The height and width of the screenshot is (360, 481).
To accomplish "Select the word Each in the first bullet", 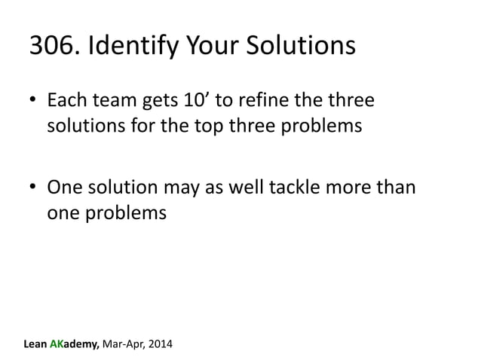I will tap(65, 100).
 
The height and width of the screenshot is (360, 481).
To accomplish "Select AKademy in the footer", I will tap(82, 346).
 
